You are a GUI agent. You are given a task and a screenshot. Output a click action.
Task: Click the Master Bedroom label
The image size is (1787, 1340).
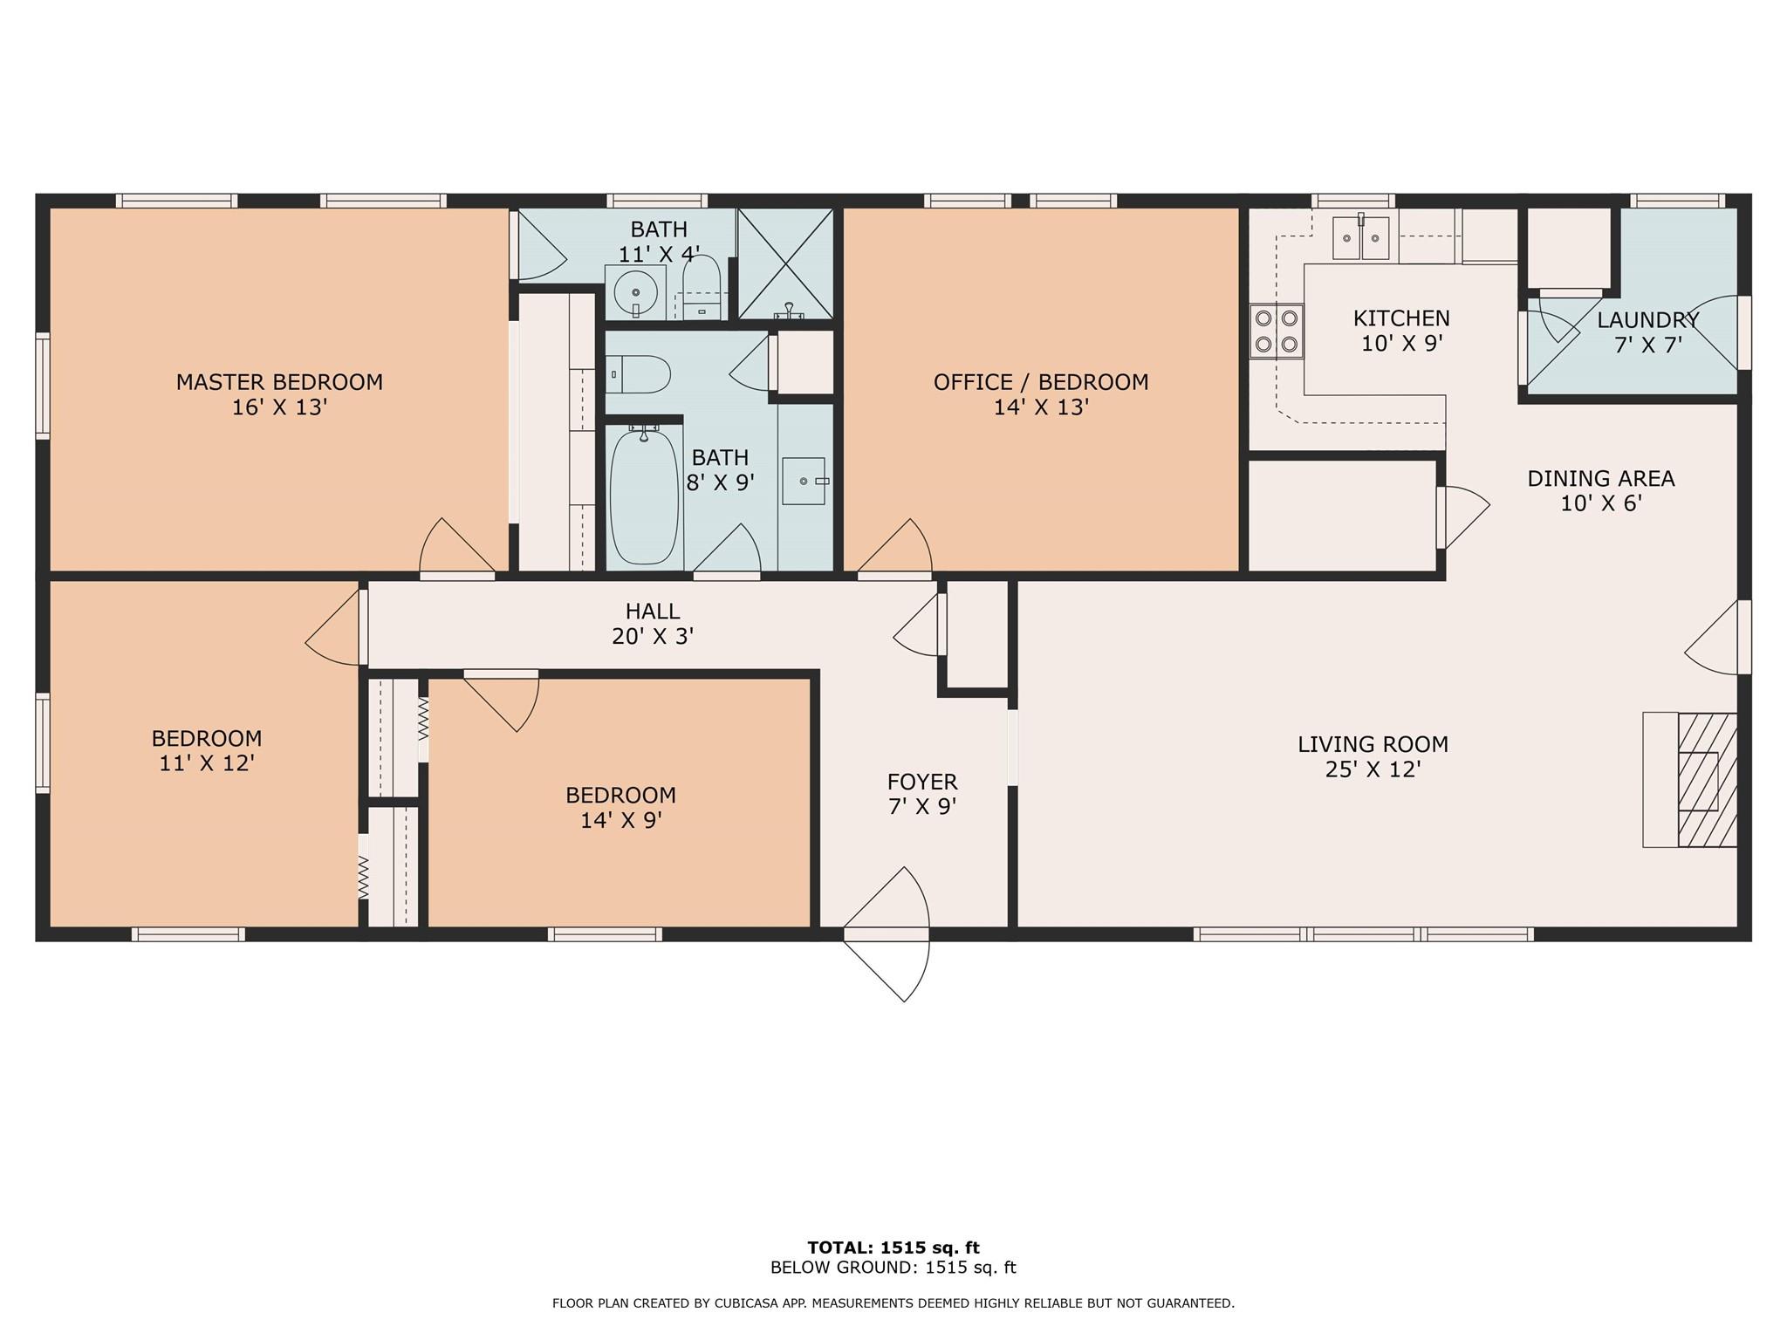point(279,382)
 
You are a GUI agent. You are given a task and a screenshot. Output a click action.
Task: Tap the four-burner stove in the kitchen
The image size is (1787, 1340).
point(1277,332)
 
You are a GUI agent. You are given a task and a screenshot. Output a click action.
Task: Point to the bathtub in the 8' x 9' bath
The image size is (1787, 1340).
point(644,496)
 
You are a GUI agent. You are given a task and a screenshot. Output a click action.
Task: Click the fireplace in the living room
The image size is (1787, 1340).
point(1690,780)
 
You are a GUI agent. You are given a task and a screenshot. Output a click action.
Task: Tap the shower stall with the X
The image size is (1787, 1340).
point(785,263)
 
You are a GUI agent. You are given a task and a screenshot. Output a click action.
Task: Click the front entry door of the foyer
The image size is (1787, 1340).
point(887,933)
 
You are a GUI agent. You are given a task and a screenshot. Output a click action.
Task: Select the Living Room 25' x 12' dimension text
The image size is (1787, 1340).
point(1373,769)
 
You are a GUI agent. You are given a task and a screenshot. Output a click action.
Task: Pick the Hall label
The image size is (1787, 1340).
point(653,612)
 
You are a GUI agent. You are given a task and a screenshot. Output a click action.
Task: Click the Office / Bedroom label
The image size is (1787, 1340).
point(1041,382)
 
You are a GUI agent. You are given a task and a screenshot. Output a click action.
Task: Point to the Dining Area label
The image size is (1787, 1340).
point(1601,479)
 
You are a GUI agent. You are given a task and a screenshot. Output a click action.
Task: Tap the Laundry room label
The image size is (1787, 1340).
point(1648,320)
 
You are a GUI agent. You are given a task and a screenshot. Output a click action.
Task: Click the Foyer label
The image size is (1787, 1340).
point(922,782)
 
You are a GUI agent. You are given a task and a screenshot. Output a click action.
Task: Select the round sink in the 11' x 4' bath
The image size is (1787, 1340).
point(635,292)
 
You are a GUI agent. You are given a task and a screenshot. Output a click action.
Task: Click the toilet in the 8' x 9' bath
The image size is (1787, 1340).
point(638,374)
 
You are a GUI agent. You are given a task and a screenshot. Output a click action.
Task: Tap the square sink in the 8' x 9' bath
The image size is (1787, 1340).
point(804,481)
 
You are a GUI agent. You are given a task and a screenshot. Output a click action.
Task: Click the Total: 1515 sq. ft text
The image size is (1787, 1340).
point(893,1248)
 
